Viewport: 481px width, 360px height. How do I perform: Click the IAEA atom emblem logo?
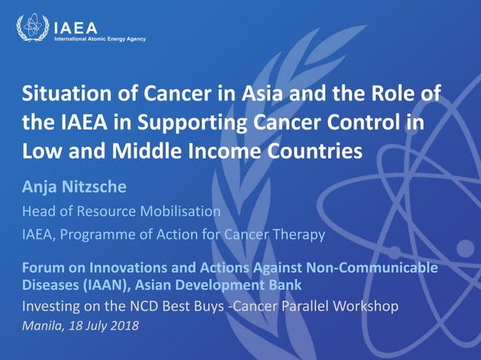pos(32,29)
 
